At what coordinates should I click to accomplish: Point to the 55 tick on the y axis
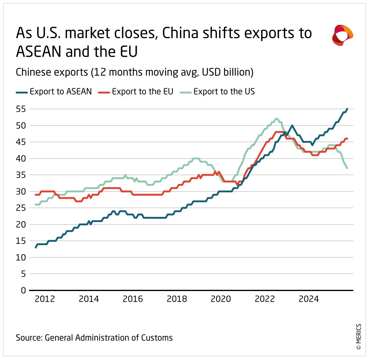(x=21, y=109)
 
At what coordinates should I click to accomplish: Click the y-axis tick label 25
(x=21, y=208)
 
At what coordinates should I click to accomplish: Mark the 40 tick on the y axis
(x=21, y=159)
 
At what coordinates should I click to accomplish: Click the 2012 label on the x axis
(x=45, y=299)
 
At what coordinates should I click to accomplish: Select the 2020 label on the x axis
(x=221, y=299)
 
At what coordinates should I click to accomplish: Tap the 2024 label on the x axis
(x=309, y=299)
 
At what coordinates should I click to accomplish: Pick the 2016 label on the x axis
(x=133, y=299)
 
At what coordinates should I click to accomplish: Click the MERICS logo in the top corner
(x=342, y=35)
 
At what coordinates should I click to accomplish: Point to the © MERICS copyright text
(x=359, y=337)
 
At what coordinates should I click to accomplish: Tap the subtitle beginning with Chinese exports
(x=135, y=72)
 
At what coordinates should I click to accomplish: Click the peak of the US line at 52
(x=276, y=119)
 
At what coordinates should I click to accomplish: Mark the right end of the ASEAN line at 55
(x=347, y=109)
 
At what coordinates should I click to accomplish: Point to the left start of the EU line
(x=36, y=195)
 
